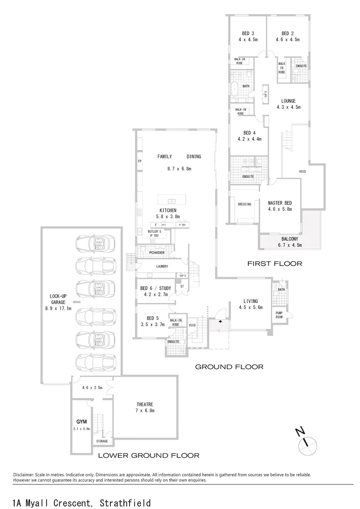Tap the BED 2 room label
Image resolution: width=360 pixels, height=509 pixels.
[287, 33]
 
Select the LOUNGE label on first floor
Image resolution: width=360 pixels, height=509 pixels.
[288, 101]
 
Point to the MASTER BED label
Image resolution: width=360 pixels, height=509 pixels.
[280, 202]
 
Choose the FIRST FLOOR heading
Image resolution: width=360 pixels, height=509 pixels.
[275, 263]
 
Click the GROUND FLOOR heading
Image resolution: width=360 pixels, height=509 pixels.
[229, 366]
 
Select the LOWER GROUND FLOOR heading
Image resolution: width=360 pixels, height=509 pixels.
[148, 455]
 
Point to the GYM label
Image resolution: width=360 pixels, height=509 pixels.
[82, 421]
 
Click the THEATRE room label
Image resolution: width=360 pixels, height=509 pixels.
[145, 404]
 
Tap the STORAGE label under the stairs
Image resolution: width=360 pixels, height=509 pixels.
[102, 441]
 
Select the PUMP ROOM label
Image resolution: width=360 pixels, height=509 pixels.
[279, 313]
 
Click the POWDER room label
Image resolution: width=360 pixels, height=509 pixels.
[156, 253]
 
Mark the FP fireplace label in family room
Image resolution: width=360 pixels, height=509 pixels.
[139, 161]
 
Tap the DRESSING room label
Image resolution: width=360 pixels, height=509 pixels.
[245, 204]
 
